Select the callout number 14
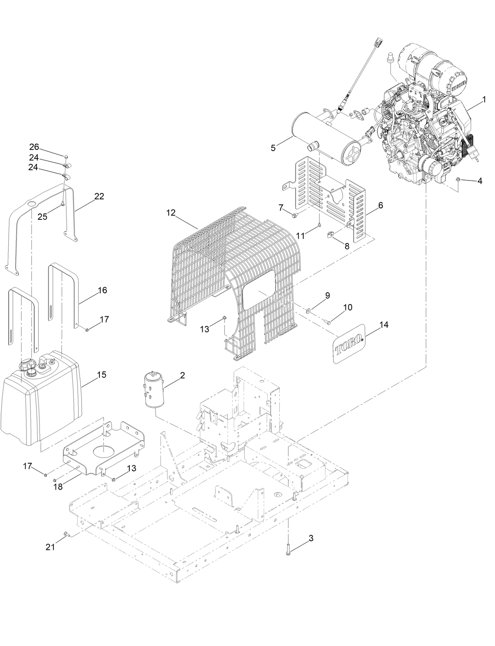click(x=384, y=325)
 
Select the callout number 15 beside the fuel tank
click(x=102, y=374)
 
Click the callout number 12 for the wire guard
click(x=170, y=213)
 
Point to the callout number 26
click(x=34, y=147)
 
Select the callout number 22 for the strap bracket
click(x=99, y=196)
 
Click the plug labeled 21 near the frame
click(x=66, y=534)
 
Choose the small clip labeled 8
click(x=331, y=235)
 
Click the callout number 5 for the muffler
click(x=273, y=148)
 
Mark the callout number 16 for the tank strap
click(x=102, y=290)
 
